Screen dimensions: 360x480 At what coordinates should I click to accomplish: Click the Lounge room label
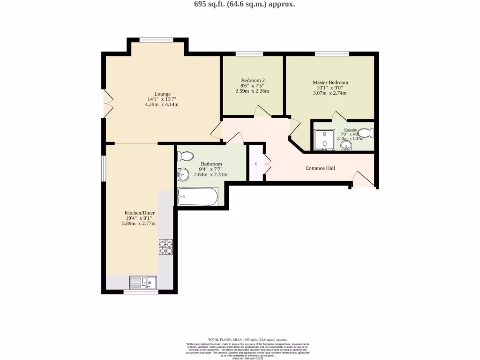(x=162, y=94)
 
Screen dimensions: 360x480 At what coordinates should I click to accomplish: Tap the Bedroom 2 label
(x=253, y=80)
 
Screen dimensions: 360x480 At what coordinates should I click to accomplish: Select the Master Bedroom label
(x=330, y=82)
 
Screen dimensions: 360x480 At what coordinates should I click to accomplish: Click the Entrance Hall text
(x=320, y=168)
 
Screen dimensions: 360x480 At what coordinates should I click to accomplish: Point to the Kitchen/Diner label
(x=139, y=212)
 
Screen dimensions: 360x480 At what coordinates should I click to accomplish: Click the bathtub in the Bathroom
(x=198, y=196)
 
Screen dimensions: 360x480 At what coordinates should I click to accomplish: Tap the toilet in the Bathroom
(x=186, y=156)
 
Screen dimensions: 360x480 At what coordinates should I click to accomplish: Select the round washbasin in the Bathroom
(x=182, y=175)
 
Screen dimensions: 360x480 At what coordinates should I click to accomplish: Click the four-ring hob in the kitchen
(x=166, y=247)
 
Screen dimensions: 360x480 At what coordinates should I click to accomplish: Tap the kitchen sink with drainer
(x=143, y=282)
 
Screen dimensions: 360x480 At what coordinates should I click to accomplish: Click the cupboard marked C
(x=256, y=164)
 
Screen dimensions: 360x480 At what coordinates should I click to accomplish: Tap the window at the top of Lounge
(x=157, y=40)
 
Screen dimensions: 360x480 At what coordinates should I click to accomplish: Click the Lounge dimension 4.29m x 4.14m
(x=162, y=105)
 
